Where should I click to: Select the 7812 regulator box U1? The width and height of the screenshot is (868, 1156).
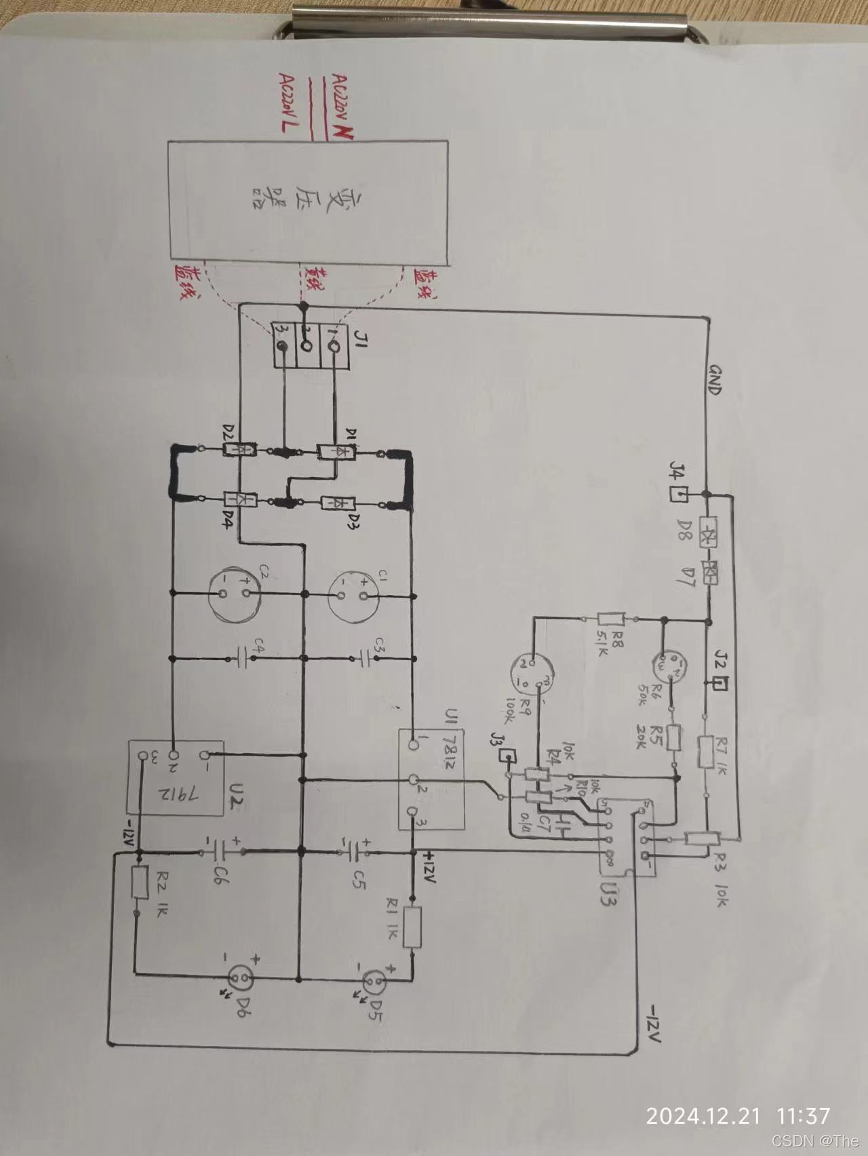click(431, 779)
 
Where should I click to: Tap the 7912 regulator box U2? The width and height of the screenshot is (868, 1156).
click(176, 777)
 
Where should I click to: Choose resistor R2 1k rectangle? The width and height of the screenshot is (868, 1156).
click(139, 883)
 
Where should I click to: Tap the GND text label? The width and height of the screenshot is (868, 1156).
click(714, 381)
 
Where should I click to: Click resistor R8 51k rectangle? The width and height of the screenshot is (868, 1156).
click(612, 619)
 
